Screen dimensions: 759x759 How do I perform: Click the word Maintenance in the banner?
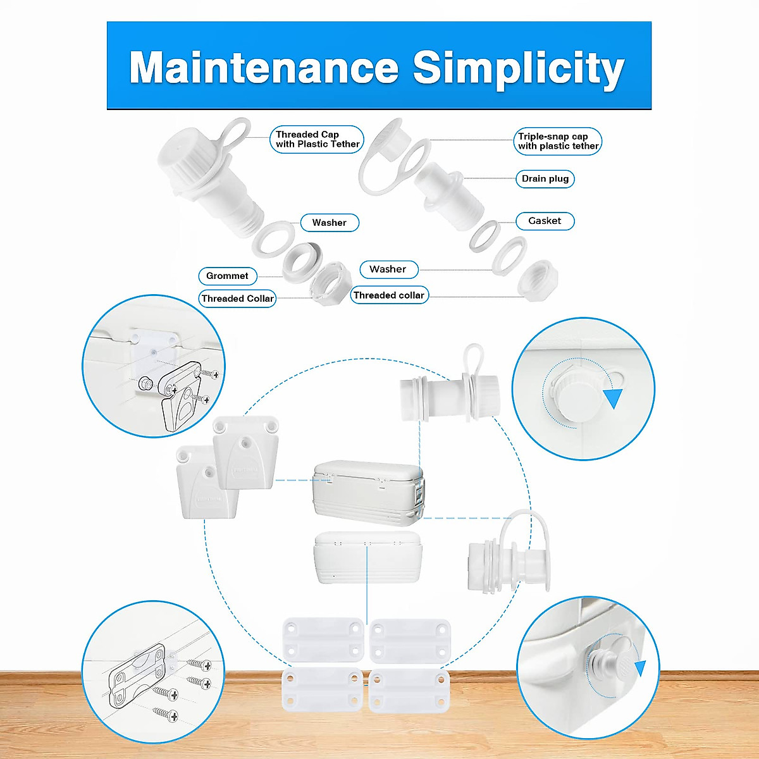264,68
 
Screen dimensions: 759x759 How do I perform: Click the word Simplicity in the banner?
518,68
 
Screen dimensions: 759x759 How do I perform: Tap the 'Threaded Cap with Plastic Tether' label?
317,139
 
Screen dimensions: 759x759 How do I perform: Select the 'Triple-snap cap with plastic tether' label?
557,141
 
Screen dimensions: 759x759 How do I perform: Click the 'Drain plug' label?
545,179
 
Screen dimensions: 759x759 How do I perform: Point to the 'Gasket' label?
545,221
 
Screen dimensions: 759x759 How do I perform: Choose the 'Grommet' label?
227,276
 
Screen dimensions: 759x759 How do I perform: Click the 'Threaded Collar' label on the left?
237,299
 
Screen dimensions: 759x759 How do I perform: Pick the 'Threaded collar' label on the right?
389,295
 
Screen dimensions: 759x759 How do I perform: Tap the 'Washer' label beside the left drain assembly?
329,223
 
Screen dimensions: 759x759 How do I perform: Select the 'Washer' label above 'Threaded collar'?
388,269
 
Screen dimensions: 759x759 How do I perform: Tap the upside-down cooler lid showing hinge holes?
367,557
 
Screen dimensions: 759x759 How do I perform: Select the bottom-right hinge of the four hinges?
409,689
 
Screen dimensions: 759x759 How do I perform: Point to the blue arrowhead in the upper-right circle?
613,398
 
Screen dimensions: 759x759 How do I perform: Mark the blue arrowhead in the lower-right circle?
641,669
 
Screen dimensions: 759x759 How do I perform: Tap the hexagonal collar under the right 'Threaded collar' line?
538,279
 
